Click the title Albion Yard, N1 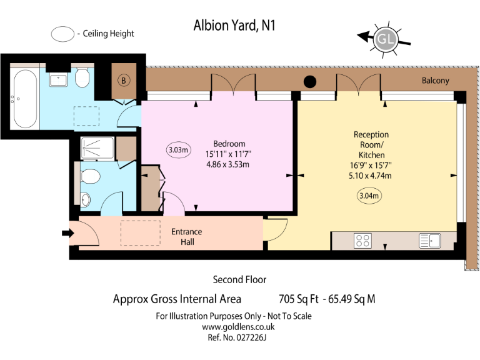point(234,26)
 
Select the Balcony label point(435,81)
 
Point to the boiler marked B point(124,81)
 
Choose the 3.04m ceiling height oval point(369,196)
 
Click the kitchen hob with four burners point(362,241)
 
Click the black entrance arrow point(66,234)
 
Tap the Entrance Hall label point(187,236)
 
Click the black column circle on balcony point(309,81)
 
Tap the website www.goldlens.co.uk point(234,327)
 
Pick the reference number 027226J point(247,337)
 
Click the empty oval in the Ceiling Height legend point(62,34)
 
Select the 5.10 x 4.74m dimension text point(371,176)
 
